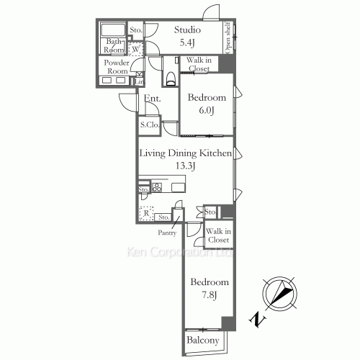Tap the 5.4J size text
(189, 42)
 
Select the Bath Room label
(114, 46)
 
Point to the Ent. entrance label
(151, 99)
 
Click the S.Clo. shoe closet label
(149, 125)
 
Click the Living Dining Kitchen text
(185, 153)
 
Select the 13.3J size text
(186, 166)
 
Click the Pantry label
(168, 233)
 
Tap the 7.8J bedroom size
(209, 294)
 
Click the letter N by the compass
(256, 317)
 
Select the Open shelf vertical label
(228, 37)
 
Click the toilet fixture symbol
(170, 77)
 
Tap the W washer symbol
(133, 50)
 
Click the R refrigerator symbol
(146, 214)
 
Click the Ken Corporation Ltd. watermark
(180, 253)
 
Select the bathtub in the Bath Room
(114, 31)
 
